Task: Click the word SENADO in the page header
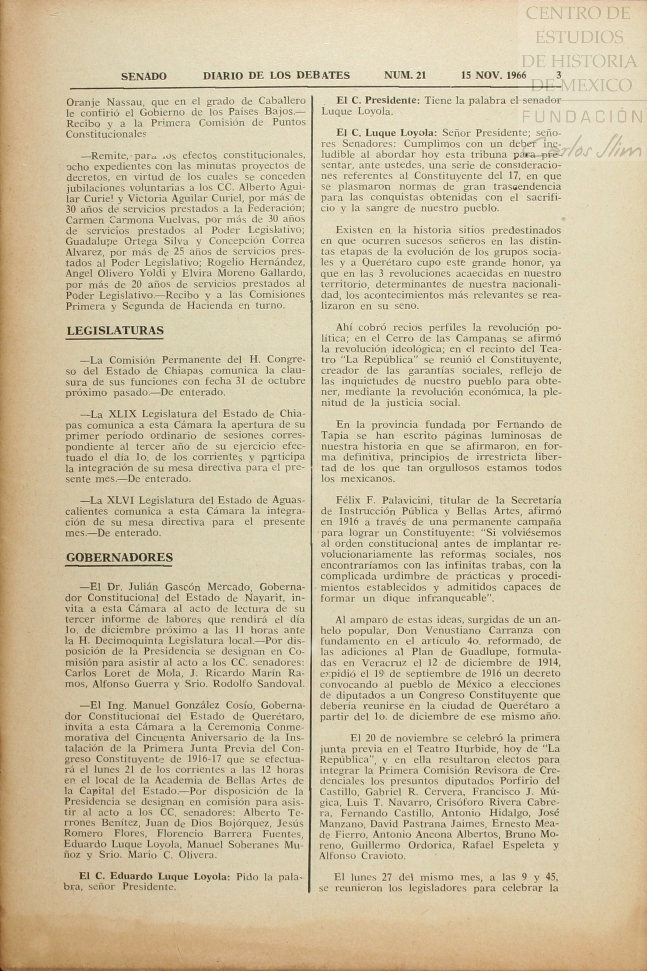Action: click(143, 76)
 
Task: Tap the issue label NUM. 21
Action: click(405, 75)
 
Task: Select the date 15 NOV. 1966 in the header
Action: click(493, 75)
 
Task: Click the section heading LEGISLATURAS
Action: click(115, 331)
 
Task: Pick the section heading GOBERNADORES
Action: click(119, 557)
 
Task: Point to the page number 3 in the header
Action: click(559, 75)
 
